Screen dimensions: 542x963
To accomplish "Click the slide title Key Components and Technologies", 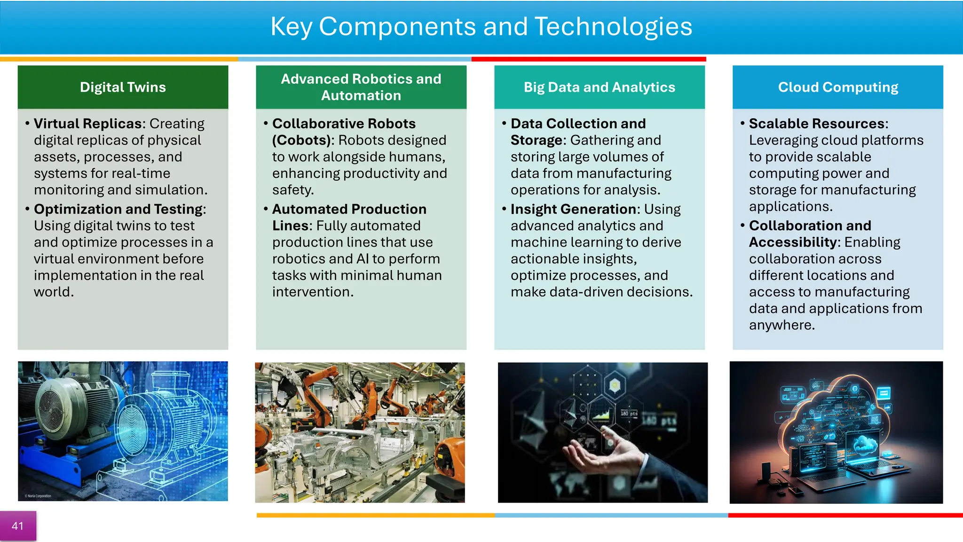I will coord(481,26).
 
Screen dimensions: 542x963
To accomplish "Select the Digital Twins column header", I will coord(123,87).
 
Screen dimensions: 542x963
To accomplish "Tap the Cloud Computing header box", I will coord(837,87).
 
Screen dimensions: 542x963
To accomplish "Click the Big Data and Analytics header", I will coord(599,87).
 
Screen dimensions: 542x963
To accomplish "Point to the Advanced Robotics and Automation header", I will coord(361,87).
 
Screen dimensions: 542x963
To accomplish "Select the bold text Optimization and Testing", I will coord(119,209).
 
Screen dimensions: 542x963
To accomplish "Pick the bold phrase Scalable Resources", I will coord(817,123).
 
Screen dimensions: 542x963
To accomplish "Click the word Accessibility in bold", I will coord(794,242).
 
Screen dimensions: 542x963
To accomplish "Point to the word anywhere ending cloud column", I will coord(781,325).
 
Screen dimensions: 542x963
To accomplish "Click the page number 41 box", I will coord(17,526).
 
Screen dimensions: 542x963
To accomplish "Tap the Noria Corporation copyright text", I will coord(39,496).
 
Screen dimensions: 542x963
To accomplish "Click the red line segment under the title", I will coord(588,59).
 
